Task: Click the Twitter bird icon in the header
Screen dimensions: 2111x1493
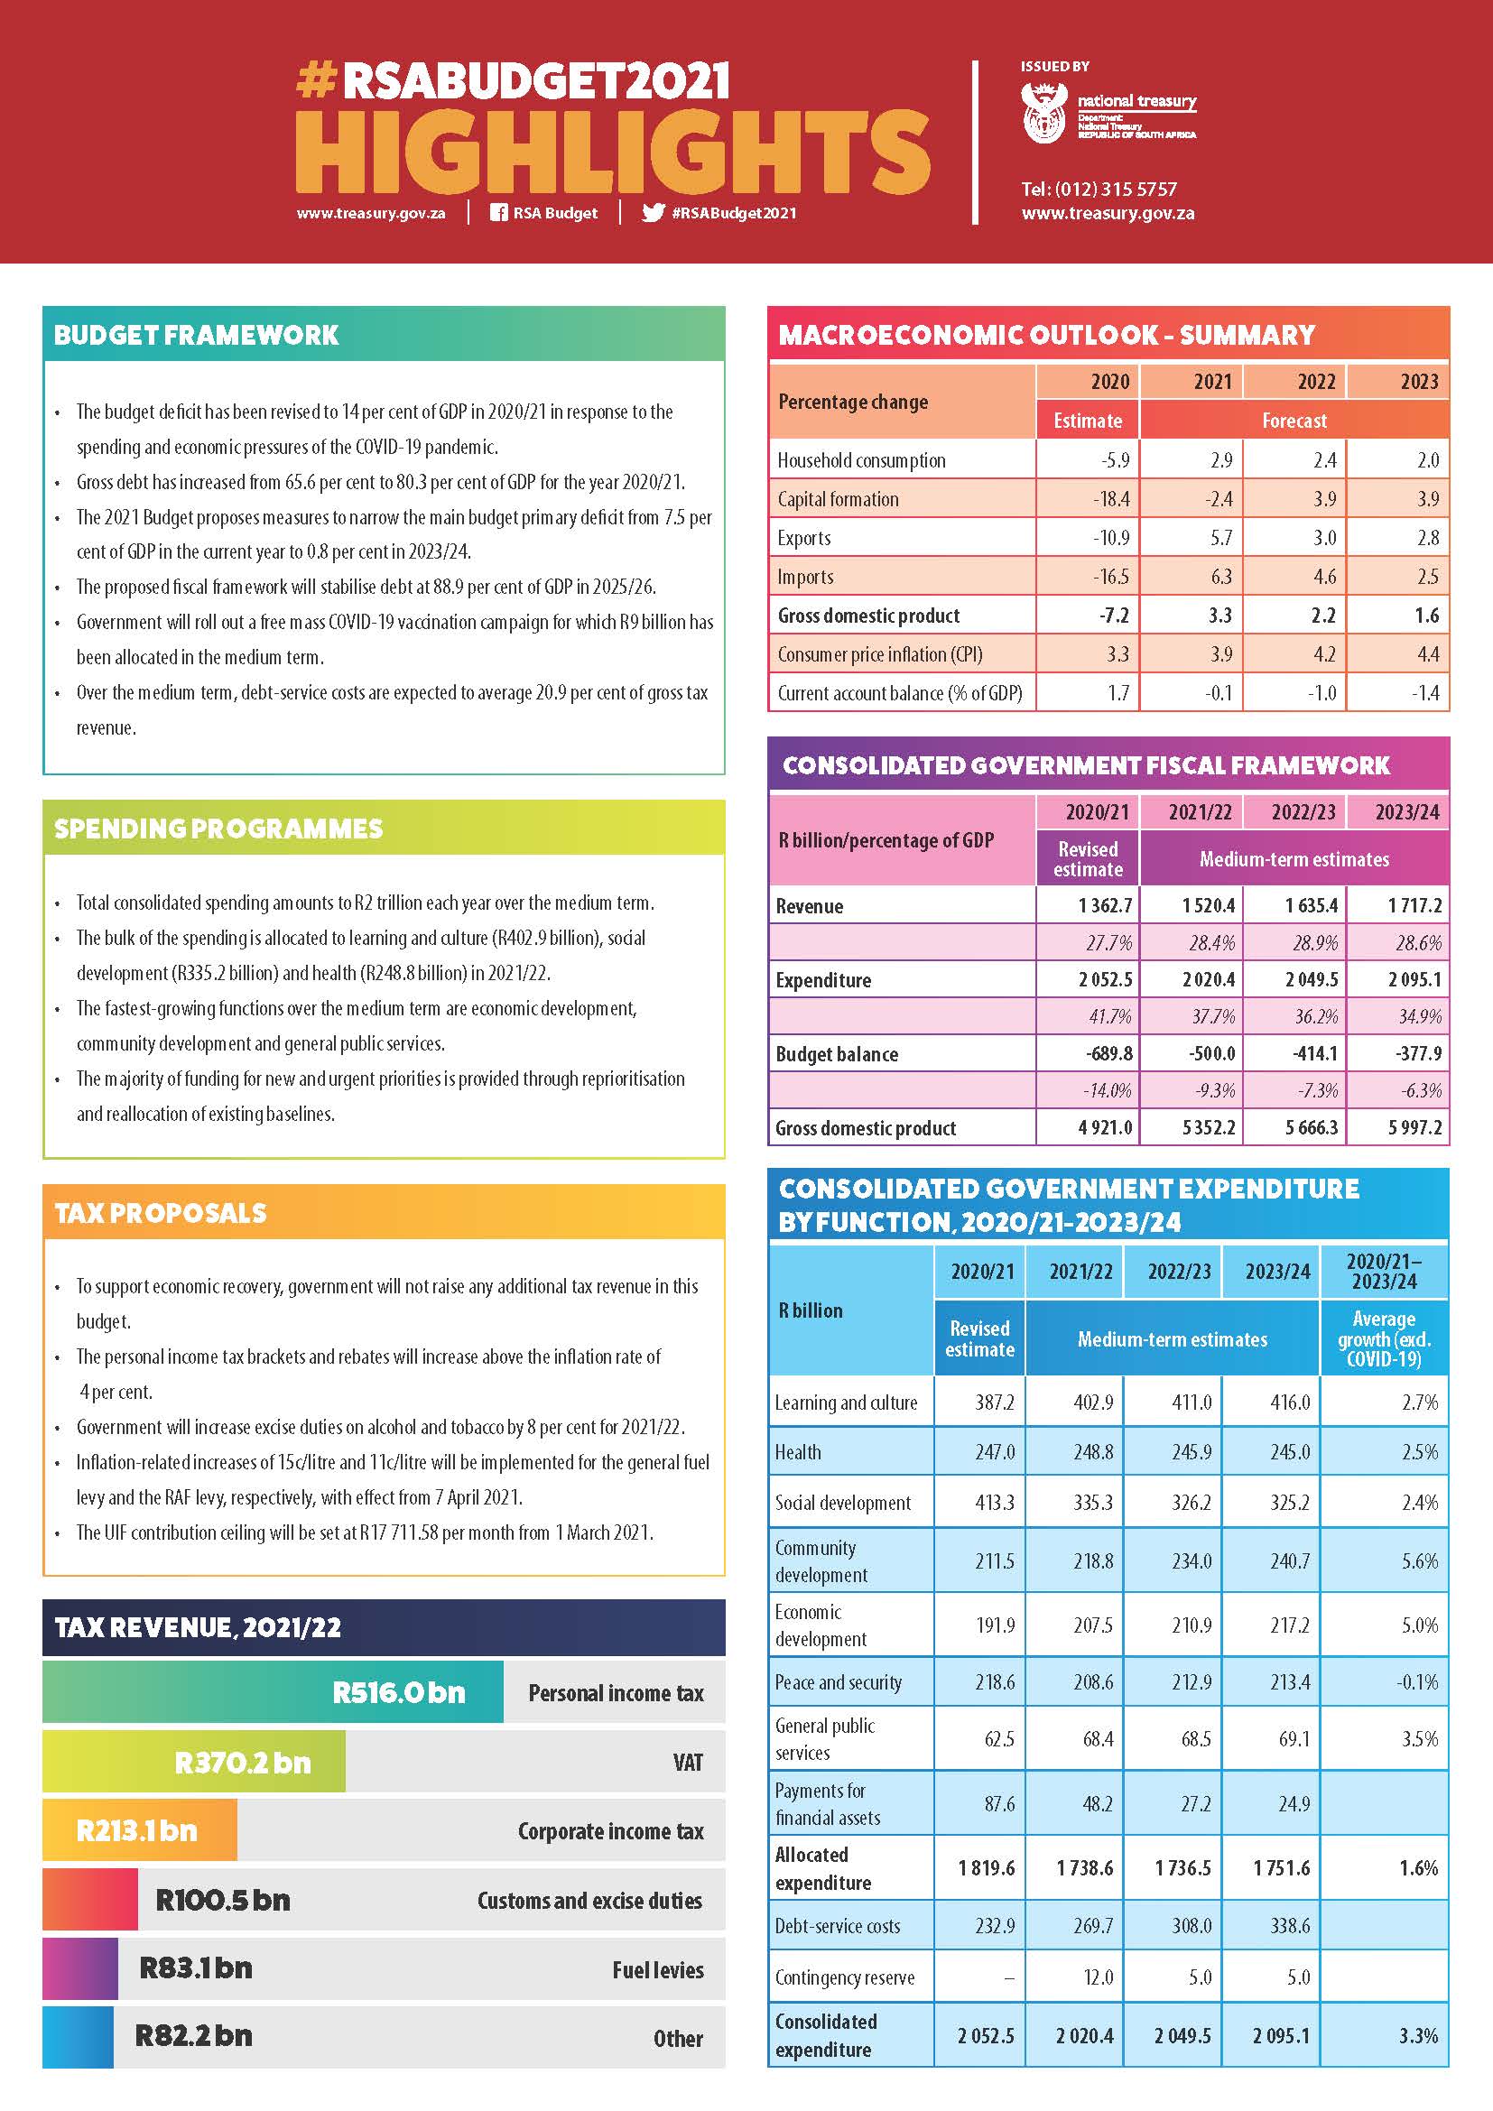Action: click(x=653, y=212)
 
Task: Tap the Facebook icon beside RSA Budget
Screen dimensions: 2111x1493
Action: click(x=498, y=212)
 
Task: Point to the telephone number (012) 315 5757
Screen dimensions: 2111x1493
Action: click(x=1099, y=190)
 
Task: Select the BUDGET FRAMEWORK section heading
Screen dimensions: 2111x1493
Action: click(x=197, y=335)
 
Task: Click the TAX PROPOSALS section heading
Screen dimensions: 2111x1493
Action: click(x=160, y=1213)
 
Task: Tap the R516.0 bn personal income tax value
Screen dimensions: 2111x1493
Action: click(x=399, y=1692)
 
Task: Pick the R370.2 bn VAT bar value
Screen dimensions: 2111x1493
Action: click(x=243, y=1763)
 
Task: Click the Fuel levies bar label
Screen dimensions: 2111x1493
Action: click(x=657, y=1969)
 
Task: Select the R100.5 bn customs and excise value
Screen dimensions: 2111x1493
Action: click(x=222, y=1900)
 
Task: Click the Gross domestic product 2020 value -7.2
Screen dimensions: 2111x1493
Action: click(x=1114, y=616)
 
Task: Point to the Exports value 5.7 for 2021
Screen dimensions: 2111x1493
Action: click(x=1220, y=538)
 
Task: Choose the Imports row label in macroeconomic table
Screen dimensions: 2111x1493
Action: click(x=805, y=577)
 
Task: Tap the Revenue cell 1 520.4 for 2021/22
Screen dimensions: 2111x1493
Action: click(x=1208, y=905)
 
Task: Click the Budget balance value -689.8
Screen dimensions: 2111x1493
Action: click(x=1108, y=1053)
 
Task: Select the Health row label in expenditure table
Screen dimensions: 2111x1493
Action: click(x=798, y=1452)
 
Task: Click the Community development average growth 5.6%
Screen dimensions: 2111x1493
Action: click(x=1420, y=1560)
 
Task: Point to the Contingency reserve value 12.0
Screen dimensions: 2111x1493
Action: click(x=1098, y=1977)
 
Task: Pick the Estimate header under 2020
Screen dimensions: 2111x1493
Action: click(x=1088, y=421)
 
